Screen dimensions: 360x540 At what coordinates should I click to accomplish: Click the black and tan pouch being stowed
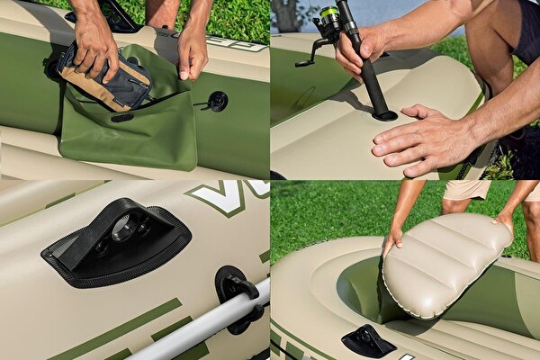click(x=103, y=79)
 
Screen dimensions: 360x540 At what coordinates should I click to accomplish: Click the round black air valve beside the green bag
click(x=216, y=101)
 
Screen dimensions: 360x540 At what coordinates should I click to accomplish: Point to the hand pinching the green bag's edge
click(x=192, y=54)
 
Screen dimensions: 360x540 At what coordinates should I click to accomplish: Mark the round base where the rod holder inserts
click(x=384, y=115)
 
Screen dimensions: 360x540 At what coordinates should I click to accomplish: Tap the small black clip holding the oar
click(x=236, y=286)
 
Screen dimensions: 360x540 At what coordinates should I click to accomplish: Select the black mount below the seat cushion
click(x=366, y=340)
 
